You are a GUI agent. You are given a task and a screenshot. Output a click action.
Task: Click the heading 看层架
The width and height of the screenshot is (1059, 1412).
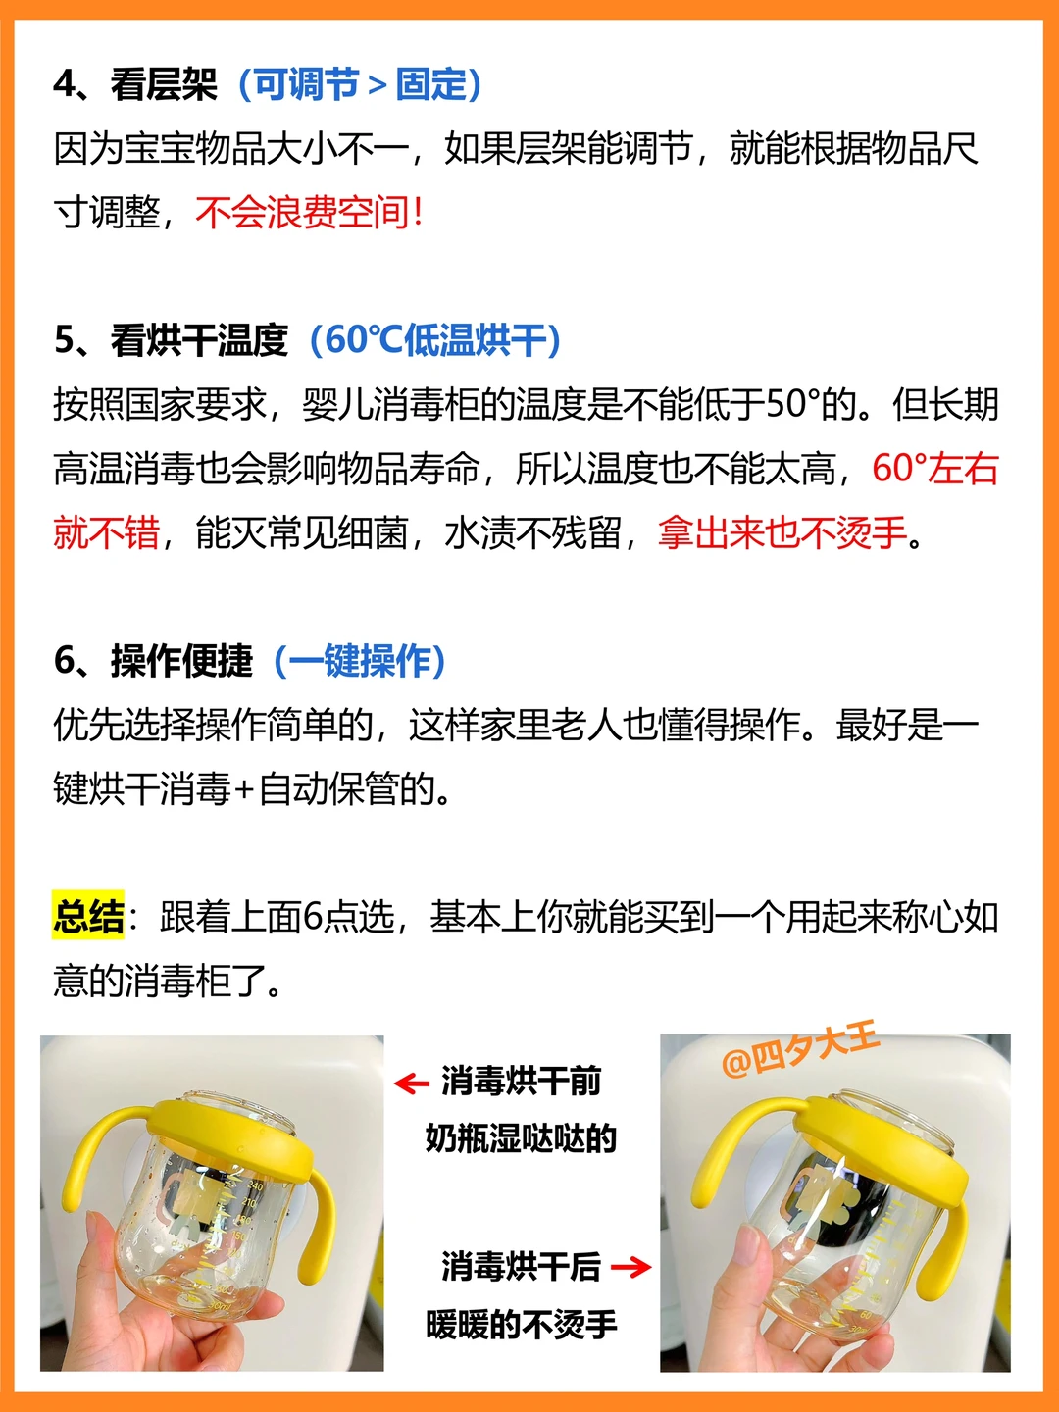click(164, 84)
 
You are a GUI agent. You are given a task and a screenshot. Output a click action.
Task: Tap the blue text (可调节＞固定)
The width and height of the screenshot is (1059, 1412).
click(360, 84)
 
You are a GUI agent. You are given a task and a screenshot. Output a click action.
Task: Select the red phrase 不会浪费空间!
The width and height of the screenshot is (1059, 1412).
click(309, 212)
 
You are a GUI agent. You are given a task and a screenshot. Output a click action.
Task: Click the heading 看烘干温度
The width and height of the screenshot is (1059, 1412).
click(199, 340)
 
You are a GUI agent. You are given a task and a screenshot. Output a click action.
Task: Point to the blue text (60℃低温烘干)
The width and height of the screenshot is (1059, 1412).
click(435, 340)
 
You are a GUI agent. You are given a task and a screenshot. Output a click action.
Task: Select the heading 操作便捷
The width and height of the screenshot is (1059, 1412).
click(182, 661)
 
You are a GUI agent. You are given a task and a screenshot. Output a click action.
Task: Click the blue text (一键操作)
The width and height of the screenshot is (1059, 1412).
click(360, 661)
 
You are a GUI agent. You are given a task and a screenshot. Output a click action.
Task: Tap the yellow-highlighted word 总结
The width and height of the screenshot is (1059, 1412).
click(88, 917)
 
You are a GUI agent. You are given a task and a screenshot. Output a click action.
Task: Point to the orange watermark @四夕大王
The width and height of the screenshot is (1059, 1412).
click(800, 1050)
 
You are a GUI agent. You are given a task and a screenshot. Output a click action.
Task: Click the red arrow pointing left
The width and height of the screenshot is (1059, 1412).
click(412, 1084)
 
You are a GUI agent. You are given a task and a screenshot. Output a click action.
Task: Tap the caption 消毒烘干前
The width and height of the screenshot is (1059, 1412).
click(521, 1082)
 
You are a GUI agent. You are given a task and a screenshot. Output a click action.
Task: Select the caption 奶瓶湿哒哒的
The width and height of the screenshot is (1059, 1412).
click(521, 1139)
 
